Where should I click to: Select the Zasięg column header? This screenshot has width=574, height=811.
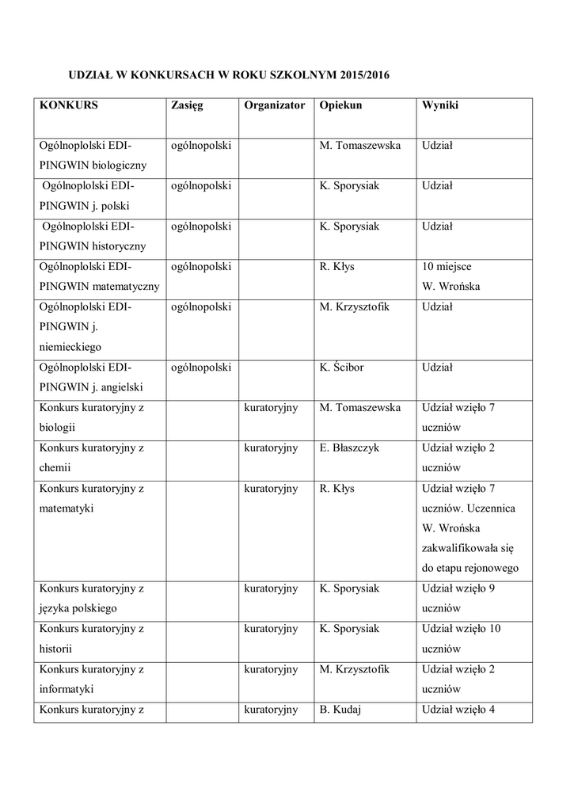[x=187, y=105]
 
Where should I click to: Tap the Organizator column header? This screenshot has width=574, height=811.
[x=274, y=105]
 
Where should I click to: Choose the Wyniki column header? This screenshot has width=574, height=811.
[x=440, y=105]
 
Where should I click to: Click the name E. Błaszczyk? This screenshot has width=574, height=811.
[x=349, y=448]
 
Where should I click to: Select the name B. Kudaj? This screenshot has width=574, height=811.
[x=340, y=710]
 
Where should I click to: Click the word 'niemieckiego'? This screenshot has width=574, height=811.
[x=70, y=347]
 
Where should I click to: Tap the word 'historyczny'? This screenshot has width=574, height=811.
[x=119, y=246]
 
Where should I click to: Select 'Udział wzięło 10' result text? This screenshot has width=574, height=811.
[x=462, y=629]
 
